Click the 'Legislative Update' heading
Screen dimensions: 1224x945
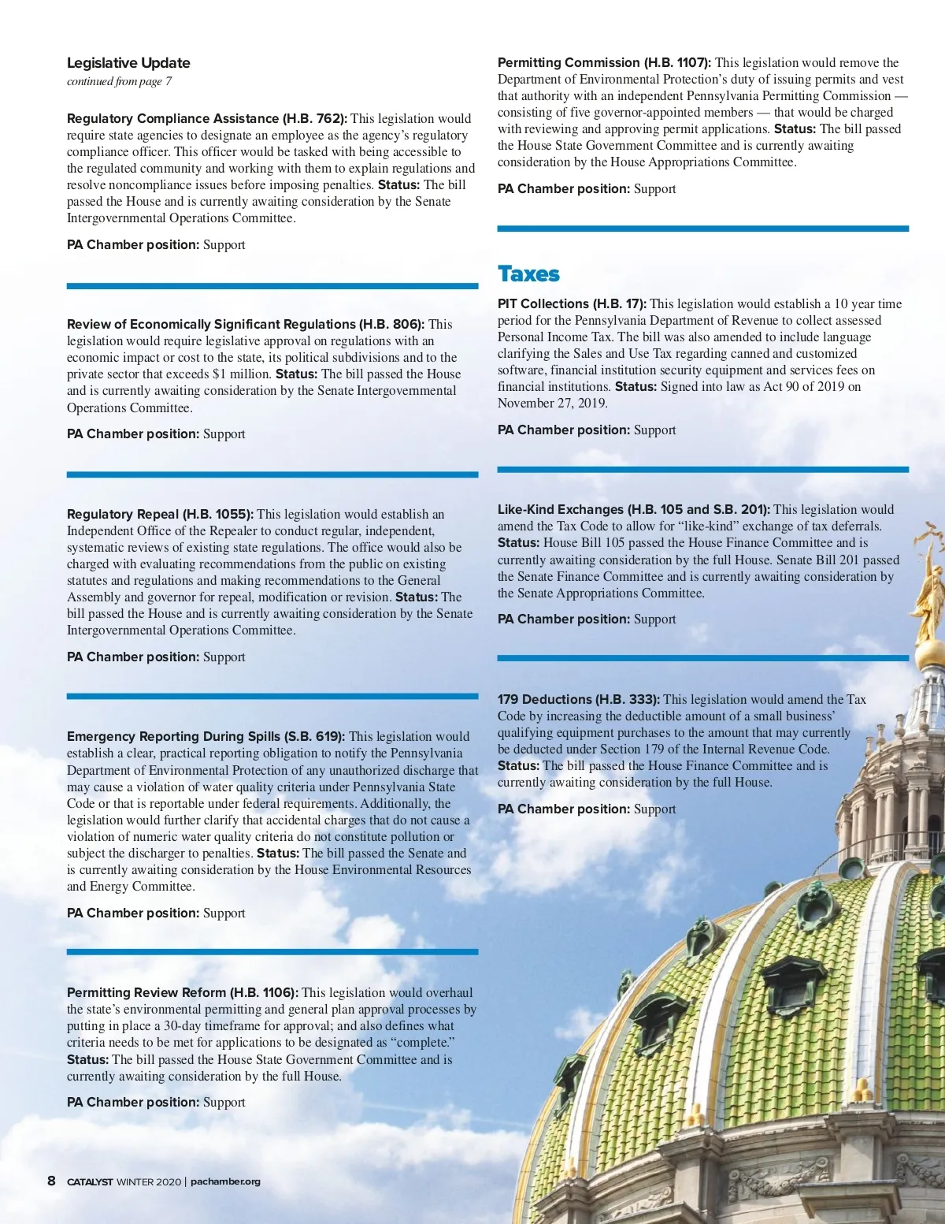pos(128,63)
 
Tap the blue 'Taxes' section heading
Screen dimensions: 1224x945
pos(528,274)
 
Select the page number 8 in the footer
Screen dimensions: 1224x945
pos(52,1181)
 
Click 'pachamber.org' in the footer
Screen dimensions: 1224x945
pos(225,1181)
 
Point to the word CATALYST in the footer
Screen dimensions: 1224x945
pos(90,1181)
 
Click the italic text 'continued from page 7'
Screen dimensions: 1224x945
pos(119,81)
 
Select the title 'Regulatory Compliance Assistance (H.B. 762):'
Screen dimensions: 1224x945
pos(206,119)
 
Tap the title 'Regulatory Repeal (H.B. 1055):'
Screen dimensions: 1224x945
pos(160,514)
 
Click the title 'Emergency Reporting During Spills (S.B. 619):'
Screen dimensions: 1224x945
pos(206,736)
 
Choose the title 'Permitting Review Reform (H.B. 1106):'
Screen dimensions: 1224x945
pos(182,992)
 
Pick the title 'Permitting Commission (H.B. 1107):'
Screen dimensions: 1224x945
pos(604,63)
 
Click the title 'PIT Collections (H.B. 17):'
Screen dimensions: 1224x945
pos(572,304)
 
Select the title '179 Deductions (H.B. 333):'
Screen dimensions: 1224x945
pos(578,699)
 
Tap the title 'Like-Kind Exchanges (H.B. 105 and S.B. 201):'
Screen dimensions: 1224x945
pos(633,510)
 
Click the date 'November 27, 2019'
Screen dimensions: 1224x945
pos(551,404)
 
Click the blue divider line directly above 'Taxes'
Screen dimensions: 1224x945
pos(702,229)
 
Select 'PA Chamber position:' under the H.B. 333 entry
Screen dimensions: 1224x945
pos(564,809)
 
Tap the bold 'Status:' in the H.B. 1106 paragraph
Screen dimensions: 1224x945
pos(87,1059)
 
